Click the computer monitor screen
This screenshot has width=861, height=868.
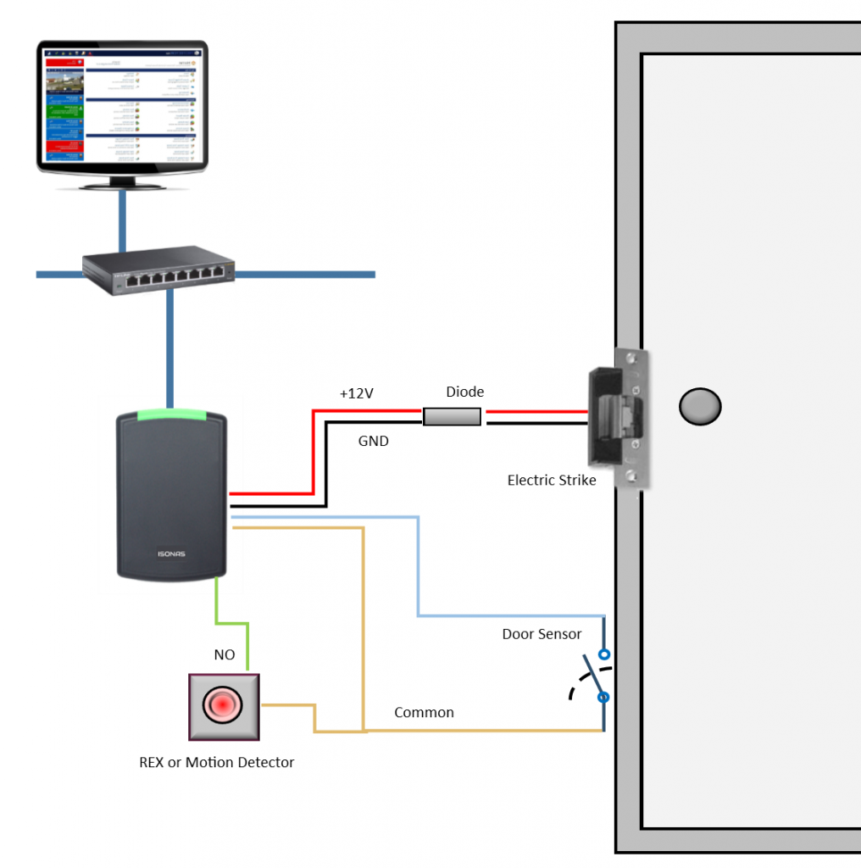pyautogui.click(x=123, y=106)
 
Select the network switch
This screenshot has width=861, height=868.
pyautogui.click(x=158, y=273)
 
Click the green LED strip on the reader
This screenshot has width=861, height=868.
pyautogui.click(x=171, y=415)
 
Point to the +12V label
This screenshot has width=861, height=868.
pyautogui.click(x=357, y=394)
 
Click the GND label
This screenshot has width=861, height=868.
pyautogui.click(x=373, y=441)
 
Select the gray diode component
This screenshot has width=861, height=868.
pyautogui.click(x=452, y=416)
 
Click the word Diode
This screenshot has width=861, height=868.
pyautogui.click(x=465, y=392)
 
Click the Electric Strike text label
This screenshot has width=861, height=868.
pyautogui.click(x=552, y=481)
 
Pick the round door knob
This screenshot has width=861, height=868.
pyautogui.click(x=700, y=407)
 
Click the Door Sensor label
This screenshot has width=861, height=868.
pyautogui.click(x=542, y=634)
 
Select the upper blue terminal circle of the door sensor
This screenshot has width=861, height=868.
pyautogui.click(x=603, y=654)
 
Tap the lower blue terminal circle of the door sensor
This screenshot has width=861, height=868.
pyautogui.click(x=603, y=698)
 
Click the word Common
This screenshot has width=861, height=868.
pyautogui.click(x=424, y=713)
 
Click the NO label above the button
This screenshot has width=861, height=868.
pyautogui.click(x=224, y=654)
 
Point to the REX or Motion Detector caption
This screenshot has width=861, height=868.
pyautogui.click(x=216, y=762)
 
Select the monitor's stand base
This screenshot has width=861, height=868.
pyautogui.click(x=122, y=183)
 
